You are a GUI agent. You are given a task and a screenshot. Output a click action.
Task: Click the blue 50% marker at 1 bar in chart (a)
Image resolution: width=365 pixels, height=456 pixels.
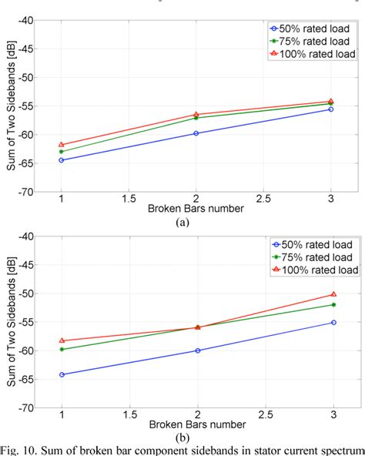click(x=62, y=160)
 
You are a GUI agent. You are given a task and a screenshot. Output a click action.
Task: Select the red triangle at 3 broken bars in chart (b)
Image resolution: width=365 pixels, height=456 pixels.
click(x=333, y=294)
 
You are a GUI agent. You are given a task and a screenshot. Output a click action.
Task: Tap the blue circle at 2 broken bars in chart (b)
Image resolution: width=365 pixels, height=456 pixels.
click(x=197, y=350)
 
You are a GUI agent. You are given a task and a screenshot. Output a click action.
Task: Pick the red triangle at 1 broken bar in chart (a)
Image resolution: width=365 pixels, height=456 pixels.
click(x=62, y=145)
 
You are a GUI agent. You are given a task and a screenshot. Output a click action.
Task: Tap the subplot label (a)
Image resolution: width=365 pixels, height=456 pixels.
click(x=182, y=222)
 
